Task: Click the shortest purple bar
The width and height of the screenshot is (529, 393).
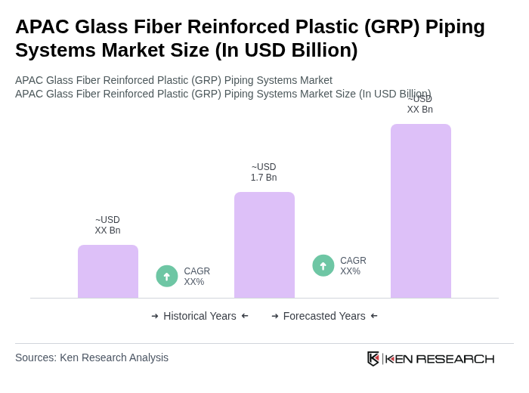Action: click(x=107, y=271)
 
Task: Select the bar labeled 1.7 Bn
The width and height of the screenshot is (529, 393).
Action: click(x=264, y=245)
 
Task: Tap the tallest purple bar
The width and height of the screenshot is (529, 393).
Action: click(x=420, y=211)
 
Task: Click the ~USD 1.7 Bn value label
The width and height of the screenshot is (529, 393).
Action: click(x=264, y=172)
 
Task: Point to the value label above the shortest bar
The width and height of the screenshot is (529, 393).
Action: click(x=107, y=225)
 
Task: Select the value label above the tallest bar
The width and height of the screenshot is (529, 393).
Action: click(x=419, y=104)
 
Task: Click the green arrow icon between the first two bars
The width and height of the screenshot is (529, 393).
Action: click(x=167, y=276)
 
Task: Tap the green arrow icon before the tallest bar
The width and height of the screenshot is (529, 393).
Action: click(x=323, y=265)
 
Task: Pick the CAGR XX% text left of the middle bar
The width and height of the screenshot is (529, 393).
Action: click(x=196, y=277)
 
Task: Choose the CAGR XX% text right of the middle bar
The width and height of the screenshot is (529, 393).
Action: click(x=353, y=266)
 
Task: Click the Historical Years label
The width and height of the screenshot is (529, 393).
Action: click(x=200, y=316)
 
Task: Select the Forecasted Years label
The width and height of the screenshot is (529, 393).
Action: click(x=324, y=316)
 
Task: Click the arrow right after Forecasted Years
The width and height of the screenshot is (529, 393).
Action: click(x=374, y=316)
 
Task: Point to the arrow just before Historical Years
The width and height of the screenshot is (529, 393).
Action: click(x=155, y=316)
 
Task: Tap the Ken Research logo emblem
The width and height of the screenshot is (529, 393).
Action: click(x=373, y=358)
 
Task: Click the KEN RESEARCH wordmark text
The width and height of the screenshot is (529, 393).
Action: click(x=440, y=358)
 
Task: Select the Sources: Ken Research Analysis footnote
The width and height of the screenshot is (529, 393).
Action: click(x=91, y=357)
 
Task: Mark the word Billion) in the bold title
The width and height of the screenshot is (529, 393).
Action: click(x=317, y=50)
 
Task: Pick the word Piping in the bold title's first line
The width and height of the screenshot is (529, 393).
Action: click(x=455, y=26)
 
